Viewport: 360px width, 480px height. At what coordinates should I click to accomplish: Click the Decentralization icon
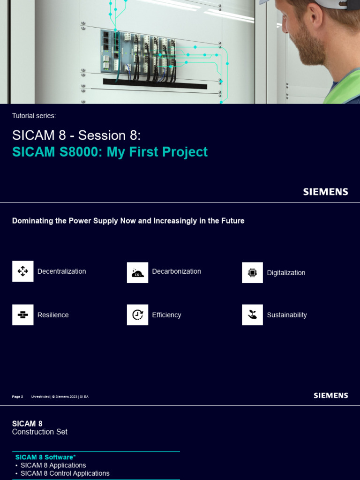pos(22,271)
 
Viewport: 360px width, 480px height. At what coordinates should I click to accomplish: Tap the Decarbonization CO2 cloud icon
pos(137,272)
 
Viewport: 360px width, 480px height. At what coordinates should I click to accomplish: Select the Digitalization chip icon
pos(252,272)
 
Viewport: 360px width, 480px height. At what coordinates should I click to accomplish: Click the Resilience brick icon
pos(22,315)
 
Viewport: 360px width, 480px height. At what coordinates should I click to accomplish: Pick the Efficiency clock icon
pos(137,315)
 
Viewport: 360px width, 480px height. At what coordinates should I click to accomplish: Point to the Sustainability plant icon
pos(252,315)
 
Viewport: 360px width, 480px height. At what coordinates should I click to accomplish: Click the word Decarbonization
pos(176,271)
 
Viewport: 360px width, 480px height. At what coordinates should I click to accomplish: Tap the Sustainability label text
pos(286,315)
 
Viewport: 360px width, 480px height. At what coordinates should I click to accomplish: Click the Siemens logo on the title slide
pos(325,192)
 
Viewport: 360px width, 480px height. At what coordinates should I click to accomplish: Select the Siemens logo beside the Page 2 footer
pos(330,396)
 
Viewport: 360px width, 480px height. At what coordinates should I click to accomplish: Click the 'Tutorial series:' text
pos(34,116)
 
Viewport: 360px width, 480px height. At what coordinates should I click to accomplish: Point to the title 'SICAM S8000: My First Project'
pos(110,152)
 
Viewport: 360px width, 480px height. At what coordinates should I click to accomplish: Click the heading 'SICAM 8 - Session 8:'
pos(76,135)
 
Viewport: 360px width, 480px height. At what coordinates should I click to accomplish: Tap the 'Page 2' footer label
pos(17,397)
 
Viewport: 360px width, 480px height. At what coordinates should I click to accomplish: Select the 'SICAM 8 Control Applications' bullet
pos(65,473)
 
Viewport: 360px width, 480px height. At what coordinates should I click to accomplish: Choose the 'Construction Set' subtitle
pos(40,432)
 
